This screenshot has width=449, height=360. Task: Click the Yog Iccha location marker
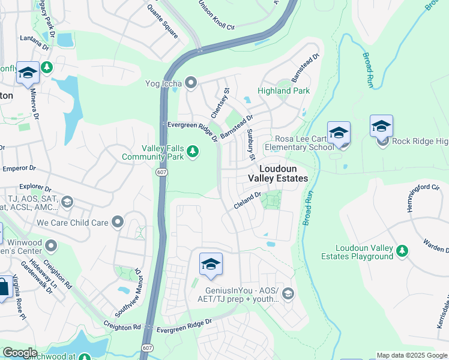coord(191,83)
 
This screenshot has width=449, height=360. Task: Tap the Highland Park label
coord(283,91)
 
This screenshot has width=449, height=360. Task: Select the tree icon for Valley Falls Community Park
coord(193,152)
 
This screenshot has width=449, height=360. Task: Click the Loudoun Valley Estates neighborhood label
coord(278,174)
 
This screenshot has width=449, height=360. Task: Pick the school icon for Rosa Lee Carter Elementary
coord(339,133)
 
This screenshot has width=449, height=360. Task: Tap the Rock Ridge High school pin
coord(382,127)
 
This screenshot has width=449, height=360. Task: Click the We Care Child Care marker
coord(118,223)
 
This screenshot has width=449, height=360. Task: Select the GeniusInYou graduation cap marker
coord(288,293)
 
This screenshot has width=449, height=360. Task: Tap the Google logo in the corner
coord(19,353)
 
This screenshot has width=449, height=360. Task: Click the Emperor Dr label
coord(19,169)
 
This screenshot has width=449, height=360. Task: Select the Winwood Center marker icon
coord(52,245)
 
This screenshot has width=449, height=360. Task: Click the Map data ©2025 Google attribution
coord(412,355)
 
